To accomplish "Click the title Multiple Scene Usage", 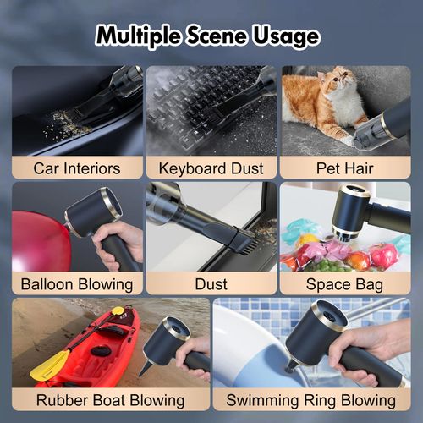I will tap(207, 36).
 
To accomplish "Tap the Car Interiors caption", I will tap(76, 168).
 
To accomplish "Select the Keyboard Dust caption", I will tap(211, 168).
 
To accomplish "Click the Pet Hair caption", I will tap(346, 168).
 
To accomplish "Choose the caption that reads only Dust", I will tap(211, 284).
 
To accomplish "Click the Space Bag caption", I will tap(346, 284).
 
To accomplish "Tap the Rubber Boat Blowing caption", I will tap(110, 399).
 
